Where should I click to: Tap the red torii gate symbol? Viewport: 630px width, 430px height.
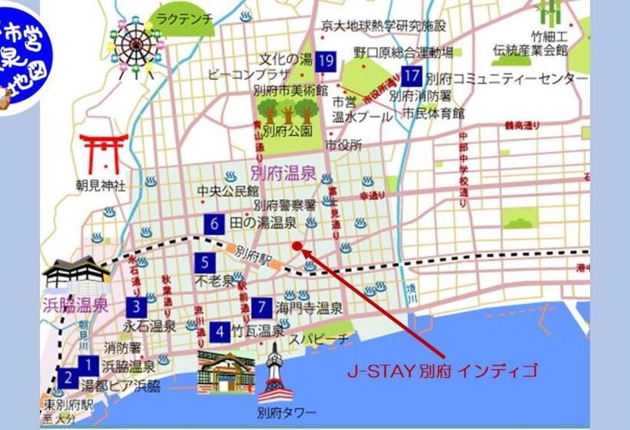point(103,154)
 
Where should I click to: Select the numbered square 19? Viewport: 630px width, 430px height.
point(327,61)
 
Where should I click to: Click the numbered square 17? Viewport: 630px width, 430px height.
point(412,76)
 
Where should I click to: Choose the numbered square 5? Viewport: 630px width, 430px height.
point(204,262)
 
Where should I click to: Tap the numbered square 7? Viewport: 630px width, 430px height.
point(262,307)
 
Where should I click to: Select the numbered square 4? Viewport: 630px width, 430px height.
point(220,332)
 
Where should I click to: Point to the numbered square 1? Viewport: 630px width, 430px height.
point(89,366)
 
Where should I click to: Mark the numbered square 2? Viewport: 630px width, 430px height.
point(68,378)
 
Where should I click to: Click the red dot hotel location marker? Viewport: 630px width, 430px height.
point(297,246)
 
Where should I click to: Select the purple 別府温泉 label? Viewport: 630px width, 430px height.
point(283,172)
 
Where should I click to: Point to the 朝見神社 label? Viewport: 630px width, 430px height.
point(101,186)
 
